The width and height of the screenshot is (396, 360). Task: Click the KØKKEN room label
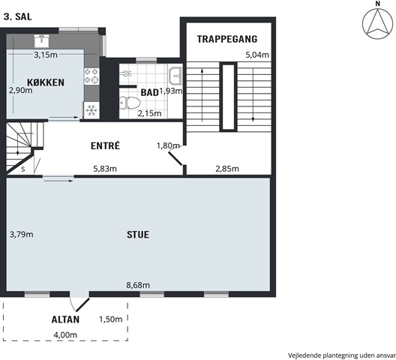[46, 82]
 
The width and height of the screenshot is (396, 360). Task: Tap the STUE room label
[138, 235]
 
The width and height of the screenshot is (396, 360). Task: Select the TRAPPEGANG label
[227, 39]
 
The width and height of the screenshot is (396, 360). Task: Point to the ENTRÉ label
[105, 145]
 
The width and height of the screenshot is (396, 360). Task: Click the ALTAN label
[65, 319]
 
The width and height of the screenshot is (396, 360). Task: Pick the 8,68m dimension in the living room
[138, 285]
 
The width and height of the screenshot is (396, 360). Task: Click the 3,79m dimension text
[22, 235]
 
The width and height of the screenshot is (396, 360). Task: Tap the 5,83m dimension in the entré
[105, 169]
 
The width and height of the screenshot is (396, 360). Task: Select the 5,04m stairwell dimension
[257, 55]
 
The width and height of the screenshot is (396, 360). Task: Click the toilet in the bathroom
[129, 103]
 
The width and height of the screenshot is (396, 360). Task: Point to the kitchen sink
[42, 41]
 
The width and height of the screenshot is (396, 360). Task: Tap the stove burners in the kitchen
[91, 76]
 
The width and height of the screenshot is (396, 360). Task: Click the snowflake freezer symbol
[91, 110]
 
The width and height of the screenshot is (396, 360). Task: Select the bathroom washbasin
[175, 76]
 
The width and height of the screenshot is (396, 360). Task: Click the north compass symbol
[377, 24]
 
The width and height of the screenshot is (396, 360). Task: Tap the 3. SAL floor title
[18, 16]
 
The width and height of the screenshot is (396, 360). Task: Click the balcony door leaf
[82, 304]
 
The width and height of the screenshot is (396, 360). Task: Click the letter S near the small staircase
[23, 169]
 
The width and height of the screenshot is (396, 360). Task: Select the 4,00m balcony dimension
[65, 335]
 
